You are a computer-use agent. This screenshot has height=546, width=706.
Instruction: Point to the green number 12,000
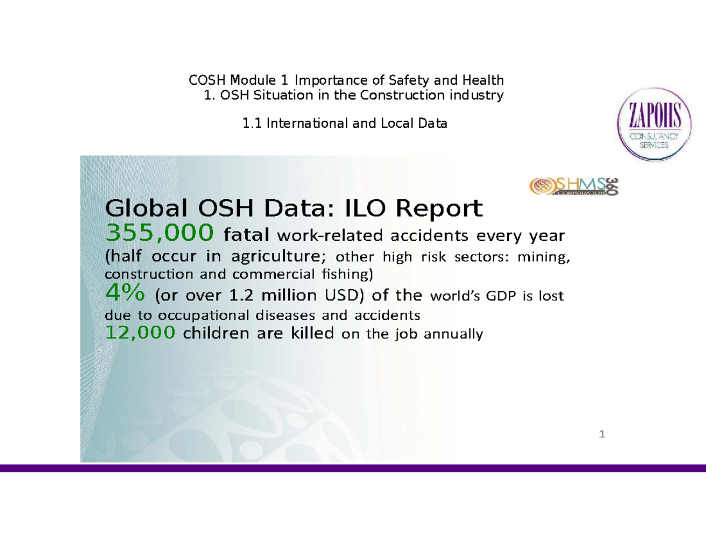[x=140, y=333]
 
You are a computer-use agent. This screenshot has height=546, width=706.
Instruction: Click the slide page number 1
[x=601, y=435]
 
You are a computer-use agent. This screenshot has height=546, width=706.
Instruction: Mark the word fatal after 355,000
[x=248, y=236]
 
